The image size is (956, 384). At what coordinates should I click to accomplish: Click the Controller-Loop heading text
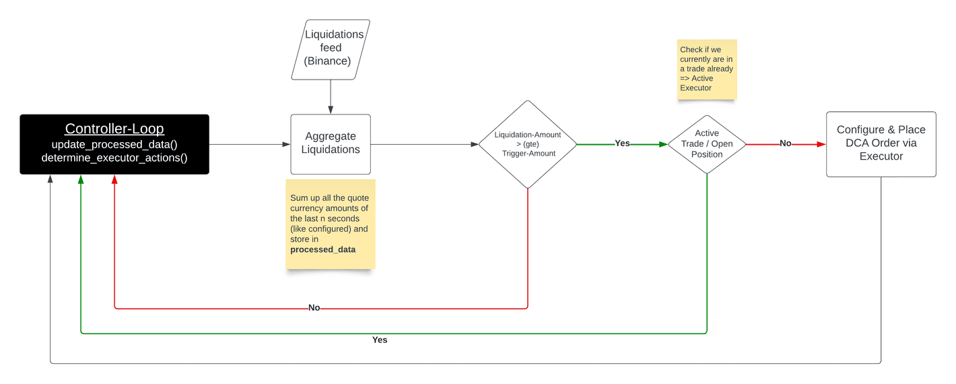click(x=114, y=129)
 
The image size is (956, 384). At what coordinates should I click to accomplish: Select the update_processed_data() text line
click(x=114, y=144)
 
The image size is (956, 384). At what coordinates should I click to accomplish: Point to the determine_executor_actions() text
click(x=114, y=158)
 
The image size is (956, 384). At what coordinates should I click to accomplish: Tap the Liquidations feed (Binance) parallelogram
click(x=331, y=50)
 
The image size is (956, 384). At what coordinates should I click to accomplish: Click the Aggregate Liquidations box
click(x=331, y=144)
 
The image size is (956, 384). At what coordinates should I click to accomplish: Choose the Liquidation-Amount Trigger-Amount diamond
click(x=528, y=144)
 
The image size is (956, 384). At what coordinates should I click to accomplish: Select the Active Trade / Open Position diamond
click(x=707, y=144)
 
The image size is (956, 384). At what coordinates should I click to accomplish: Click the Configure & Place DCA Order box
click(x=881, y=144)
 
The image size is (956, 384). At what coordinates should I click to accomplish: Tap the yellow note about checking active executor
click(x=707, y=69)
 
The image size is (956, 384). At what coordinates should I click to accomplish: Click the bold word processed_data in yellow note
click(x=322, y=249)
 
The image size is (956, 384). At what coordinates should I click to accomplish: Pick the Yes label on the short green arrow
click(x=622, y=143)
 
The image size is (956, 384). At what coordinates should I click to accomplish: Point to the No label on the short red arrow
click(x=785, y=143)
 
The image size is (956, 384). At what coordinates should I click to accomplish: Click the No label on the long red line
click(x=314, y=308)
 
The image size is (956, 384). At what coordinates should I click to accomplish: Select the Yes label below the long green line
click(x=380, y=340)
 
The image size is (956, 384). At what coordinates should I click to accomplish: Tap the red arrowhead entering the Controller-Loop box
click(x=114, y=179)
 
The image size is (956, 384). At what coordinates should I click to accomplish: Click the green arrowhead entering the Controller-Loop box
click(x=81, y=179)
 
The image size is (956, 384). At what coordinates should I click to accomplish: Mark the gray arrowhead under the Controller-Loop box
click(x=50, y=179)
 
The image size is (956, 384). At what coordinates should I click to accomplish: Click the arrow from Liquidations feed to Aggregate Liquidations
click(x=331, y=97)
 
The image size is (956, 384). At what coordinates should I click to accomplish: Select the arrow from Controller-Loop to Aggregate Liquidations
click(x=250, y=144)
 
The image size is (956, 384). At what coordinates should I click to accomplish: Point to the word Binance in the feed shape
click(x=327, y=61)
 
